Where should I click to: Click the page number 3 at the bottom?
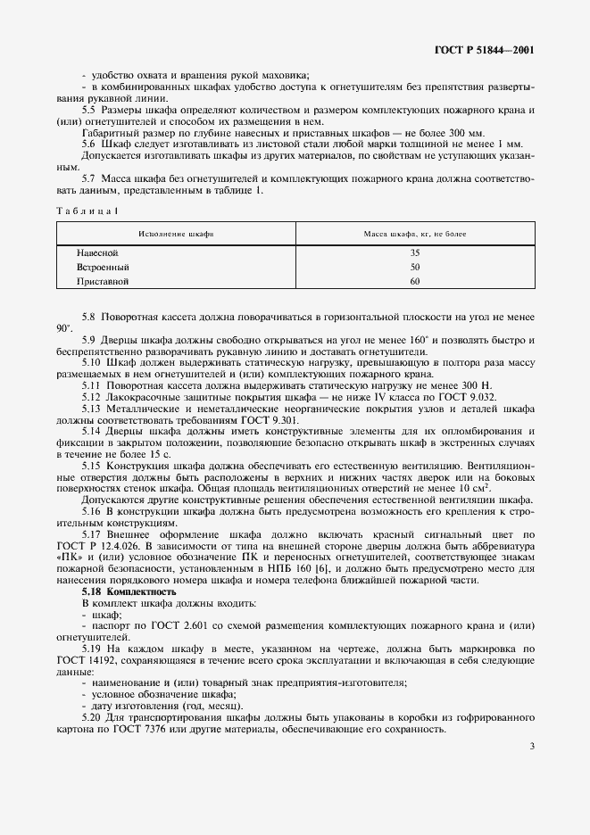531,747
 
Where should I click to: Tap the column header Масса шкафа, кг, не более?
414,234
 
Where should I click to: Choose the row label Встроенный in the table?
103,267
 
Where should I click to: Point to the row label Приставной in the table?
103,280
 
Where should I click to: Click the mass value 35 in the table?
414,253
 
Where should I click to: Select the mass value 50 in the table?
414,267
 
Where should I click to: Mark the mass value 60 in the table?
414,280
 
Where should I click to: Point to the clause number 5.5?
88,109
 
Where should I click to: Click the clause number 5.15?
91,465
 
